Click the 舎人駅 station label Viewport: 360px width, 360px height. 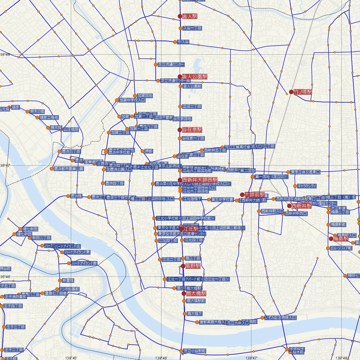(x=190, y=16)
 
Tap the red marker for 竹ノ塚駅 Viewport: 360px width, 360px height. (x=291, y=92)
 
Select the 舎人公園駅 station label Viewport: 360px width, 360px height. (x=195, y=76)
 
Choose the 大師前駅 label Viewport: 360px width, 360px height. (x=255, y=194)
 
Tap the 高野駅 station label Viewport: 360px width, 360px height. (x=193, y=266)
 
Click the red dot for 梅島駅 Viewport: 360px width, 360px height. (x=331, y=239)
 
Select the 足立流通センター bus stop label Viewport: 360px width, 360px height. (x=171, y=64)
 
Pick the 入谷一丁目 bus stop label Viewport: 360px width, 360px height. (x=192, y=28)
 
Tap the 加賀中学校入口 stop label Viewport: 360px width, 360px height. (x=132, y=100)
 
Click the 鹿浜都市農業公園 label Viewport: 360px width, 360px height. (x=69, y=169)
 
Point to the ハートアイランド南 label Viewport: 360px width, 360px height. (x=84, y=263)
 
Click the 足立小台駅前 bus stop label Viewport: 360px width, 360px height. (x=195, y=351)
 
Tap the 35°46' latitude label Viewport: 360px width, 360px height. (x=5, y=276)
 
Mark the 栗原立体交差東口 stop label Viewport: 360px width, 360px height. (x=305, y=172)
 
